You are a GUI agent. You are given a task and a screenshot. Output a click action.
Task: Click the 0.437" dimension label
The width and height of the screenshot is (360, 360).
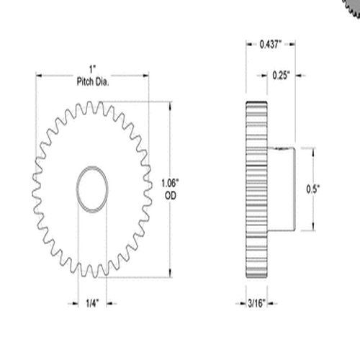(272, 45)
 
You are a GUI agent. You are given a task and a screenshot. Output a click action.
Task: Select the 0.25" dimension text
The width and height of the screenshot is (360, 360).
(283, 74)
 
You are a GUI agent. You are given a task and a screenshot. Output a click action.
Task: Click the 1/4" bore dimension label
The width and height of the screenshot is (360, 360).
(92, 304)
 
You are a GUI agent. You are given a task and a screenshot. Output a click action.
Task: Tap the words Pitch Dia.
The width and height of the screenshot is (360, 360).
(92, 84)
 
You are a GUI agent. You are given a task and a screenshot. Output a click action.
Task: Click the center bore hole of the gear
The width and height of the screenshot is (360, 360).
(92, 189)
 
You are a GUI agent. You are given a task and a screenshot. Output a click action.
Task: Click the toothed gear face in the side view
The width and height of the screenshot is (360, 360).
(256, 189)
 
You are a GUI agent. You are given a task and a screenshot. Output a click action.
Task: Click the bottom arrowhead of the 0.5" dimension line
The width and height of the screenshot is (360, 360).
(315, 229)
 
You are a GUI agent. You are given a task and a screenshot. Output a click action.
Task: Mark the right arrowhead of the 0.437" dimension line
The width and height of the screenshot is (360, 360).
(296, 45)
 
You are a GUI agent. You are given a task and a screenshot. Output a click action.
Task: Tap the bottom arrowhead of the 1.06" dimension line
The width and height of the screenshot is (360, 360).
(171, 274)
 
